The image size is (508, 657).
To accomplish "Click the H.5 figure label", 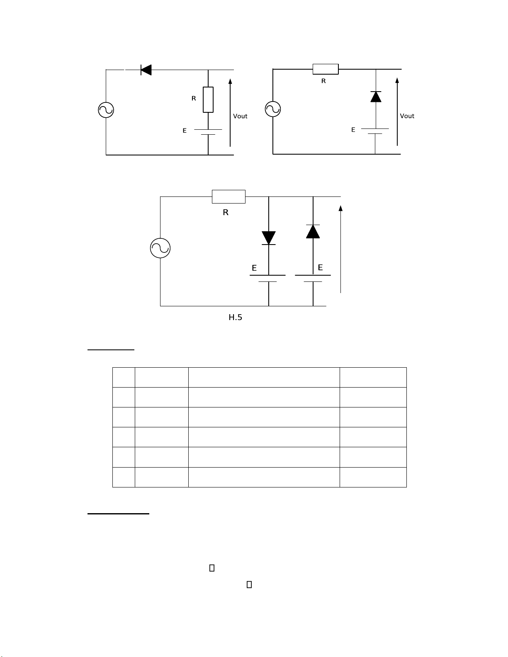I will pos(235,318).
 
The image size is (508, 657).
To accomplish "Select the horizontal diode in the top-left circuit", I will pos(146,70).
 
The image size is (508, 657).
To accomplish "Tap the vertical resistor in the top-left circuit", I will pos(208,100).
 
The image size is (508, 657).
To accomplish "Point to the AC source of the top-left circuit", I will pos(106,110).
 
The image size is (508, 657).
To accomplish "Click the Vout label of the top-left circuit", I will pos(240,116).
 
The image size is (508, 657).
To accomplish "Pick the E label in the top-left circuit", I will pos(185,131).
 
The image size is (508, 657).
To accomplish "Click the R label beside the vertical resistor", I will pos(194,99).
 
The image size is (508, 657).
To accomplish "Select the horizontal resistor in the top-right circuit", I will pos(326,69).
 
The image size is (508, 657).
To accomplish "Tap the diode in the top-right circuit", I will pos(376,97).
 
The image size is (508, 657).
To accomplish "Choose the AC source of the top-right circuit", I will pos(273,109).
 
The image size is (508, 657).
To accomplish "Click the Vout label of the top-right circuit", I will pos(407,116).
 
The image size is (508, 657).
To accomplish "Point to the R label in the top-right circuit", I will pos(323,81).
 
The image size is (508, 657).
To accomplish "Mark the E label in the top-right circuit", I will pos(353,130).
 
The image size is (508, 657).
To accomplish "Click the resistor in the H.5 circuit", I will pos(228,196).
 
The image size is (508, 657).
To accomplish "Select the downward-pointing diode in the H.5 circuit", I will pos(269,238).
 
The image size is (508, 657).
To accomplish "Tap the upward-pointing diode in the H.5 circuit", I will pos(313,231).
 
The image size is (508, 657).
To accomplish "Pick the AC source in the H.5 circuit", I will pos(160,248).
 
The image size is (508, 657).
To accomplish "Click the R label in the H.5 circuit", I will pos(226,213).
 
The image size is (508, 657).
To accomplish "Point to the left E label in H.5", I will pos(254,268).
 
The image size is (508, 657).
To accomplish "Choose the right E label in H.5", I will pos(320,268).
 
